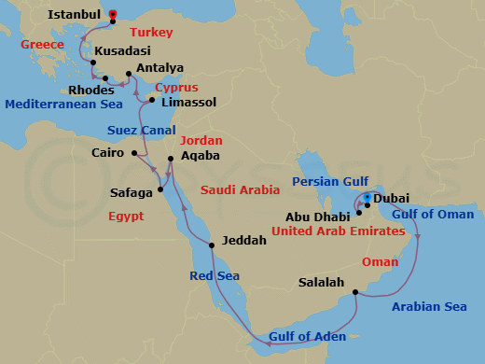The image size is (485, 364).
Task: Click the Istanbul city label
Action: [x=74, y=16]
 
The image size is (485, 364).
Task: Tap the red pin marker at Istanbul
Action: [x=113, y=14]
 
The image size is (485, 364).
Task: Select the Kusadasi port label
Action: [x=124, y=51]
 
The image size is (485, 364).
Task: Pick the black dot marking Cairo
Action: [x=135, y=153]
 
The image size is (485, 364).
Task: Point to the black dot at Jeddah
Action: [x=213, y=245]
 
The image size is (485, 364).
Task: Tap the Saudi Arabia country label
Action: [x=240, y=189]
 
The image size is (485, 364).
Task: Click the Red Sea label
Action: [x=215, y=276]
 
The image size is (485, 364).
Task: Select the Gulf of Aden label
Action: [x=307, y=336]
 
